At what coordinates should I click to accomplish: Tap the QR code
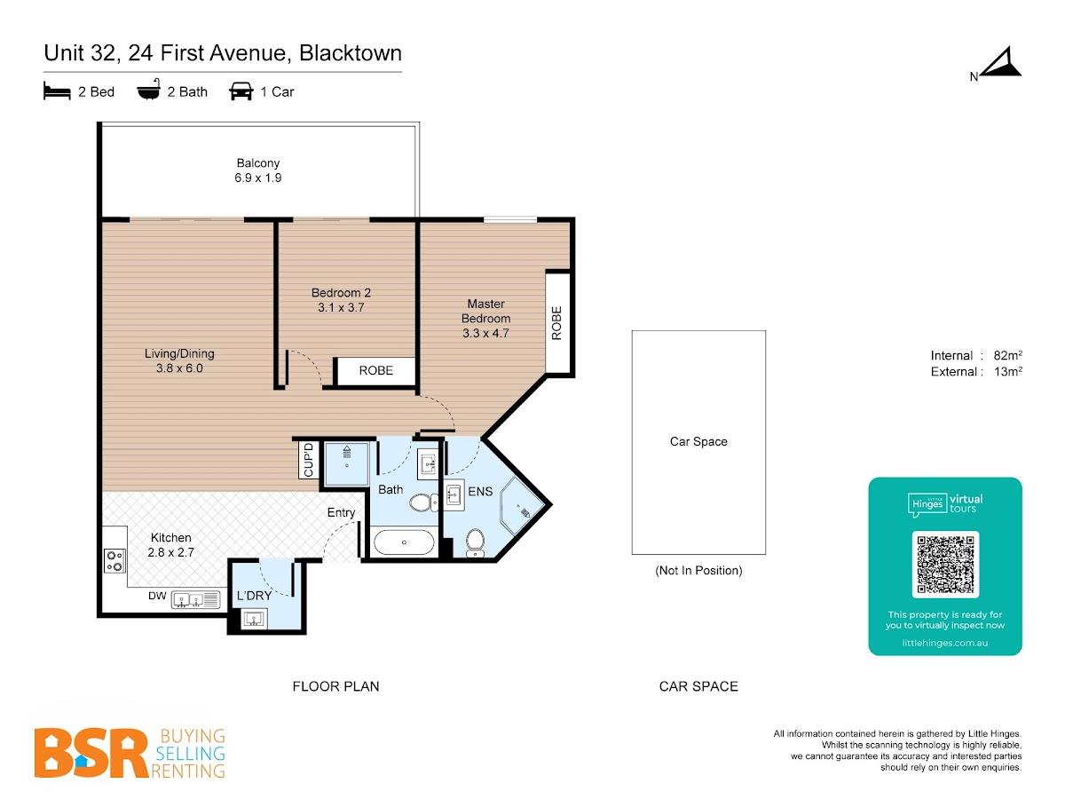pos(945,565)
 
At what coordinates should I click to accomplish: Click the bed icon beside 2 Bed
pos(57,91)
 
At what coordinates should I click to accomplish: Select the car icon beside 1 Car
pos(241,91)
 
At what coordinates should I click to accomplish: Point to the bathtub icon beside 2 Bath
pos(148,90)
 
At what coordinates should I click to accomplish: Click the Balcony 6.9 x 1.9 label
pos(257,170)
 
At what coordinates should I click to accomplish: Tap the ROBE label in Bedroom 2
pos(375,370)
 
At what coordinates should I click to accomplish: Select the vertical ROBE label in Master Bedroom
pos(556,322)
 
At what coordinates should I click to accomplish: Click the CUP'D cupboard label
pos(309,460)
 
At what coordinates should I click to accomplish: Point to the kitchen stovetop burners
pos(115,560)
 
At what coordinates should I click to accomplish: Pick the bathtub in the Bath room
pos(404,542)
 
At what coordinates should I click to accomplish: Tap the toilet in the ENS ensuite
pos(475,542)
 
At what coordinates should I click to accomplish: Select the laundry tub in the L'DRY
pos(254,619)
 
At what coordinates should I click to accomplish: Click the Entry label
pos(341,513)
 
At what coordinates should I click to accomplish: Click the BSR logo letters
pos(91,753)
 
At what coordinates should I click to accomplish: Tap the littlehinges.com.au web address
pos(944,643)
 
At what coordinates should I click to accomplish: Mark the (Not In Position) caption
pos(698,571)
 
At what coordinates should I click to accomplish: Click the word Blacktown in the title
pos(351,53)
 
